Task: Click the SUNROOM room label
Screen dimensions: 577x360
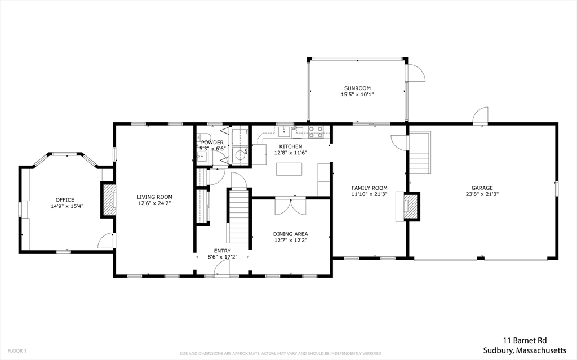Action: [357, 88]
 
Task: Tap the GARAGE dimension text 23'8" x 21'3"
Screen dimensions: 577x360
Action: [482, 194]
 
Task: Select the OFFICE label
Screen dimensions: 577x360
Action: [65, 200]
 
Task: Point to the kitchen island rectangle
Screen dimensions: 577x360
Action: [289, 169]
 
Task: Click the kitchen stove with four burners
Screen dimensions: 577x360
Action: [316, 132]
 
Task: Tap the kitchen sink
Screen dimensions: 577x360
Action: [284, 131]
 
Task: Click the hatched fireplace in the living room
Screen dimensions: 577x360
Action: [109, 200]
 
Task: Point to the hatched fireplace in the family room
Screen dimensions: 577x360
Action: [411, 207]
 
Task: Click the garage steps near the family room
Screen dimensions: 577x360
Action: [420, 152]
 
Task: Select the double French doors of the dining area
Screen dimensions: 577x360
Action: [290, 207]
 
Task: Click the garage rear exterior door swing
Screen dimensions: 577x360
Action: [480, 115]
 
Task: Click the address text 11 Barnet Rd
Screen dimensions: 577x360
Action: [525, 340]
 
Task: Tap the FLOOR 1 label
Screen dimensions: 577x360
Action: [17, 351]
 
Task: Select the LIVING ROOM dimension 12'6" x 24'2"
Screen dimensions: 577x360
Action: [154, 203]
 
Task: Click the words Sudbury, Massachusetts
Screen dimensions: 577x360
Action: [525, 350]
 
